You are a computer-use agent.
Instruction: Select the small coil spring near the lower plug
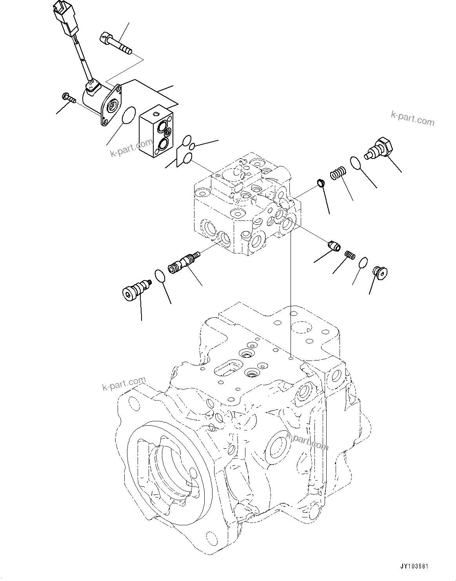[x=350, y=255]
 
